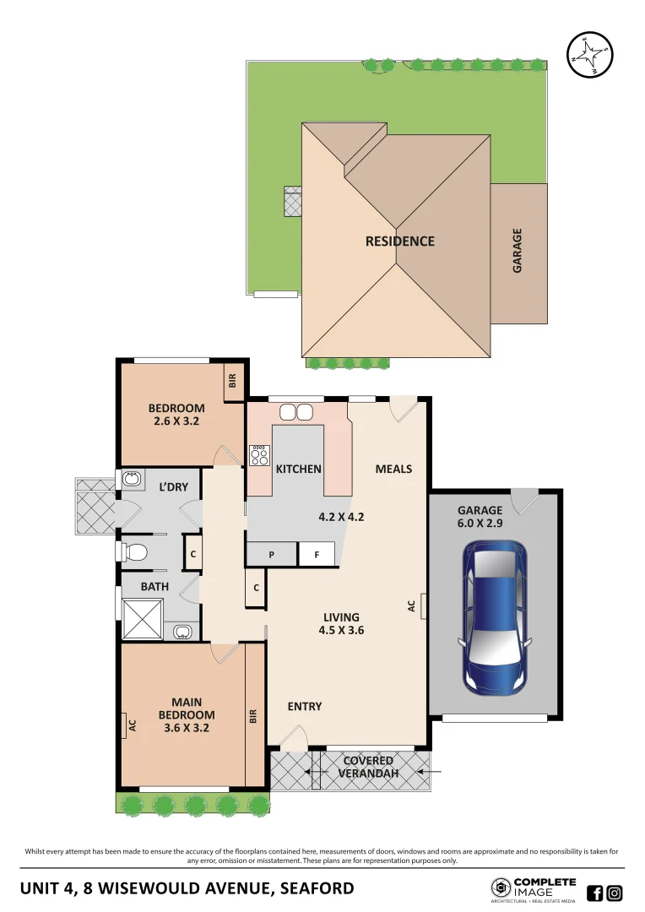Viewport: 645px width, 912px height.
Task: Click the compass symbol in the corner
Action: (590, 56)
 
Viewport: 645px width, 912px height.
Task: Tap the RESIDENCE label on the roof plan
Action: (399, 242)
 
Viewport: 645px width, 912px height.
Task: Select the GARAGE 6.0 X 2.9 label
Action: (480, 517)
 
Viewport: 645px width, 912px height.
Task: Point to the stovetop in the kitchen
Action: (258, 456)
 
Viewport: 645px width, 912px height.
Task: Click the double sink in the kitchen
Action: (295, 412)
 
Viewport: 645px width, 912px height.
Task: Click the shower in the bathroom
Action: (143, 619)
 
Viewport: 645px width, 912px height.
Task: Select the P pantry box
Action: (272, 555)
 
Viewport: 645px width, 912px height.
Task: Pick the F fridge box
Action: (317, 555)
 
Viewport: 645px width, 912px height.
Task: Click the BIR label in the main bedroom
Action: (252, 716)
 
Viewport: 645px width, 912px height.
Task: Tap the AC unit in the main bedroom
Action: (132, 725)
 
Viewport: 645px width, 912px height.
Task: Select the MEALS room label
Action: (393, 469)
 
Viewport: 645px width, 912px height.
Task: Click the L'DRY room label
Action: (173, 486)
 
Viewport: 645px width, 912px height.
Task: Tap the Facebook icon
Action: (594, 893)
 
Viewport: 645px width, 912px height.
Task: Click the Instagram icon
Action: (615, 893)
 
